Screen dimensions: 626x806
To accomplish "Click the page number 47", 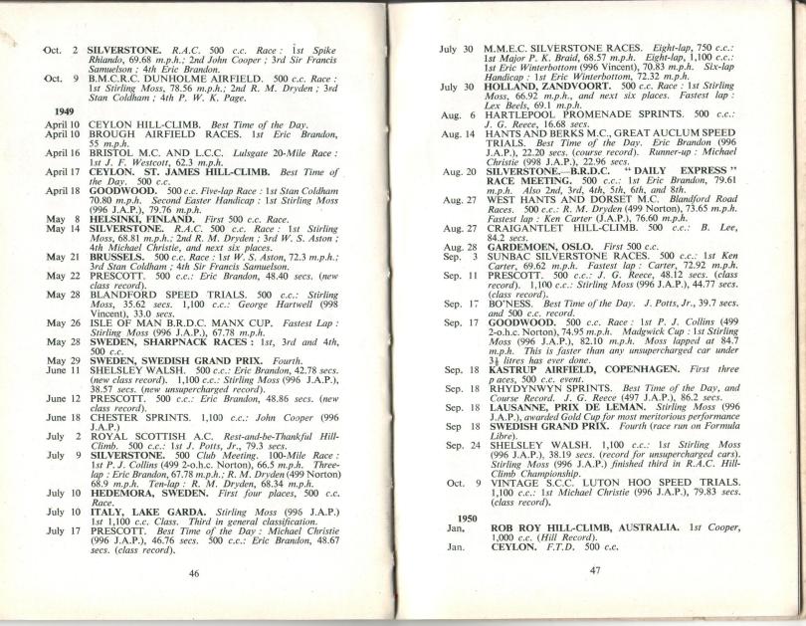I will (x=595, y=568).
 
